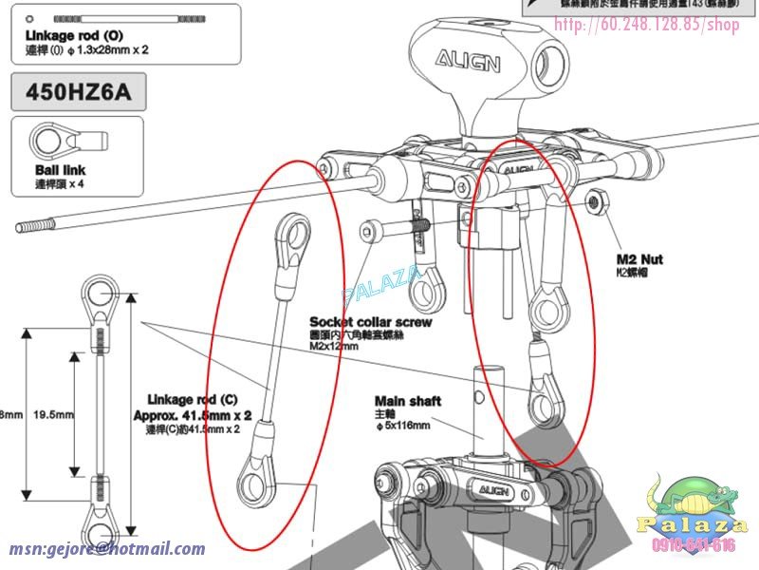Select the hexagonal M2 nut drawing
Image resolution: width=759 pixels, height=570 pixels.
coord(597,200)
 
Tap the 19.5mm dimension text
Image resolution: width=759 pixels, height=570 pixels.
coord(53,415)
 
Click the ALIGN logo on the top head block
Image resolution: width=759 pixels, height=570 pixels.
coord(468,62)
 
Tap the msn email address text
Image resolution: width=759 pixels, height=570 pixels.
coord(107,549)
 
